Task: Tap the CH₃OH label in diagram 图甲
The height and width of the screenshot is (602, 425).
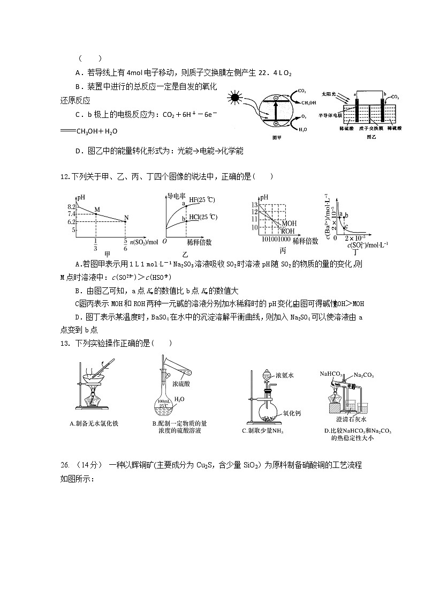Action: coord(308,102)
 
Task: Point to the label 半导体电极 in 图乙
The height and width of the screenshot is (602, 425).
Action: coord(332,115)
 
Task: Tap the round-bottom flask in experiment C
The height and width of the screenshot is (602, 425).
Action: coord(267,412)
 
